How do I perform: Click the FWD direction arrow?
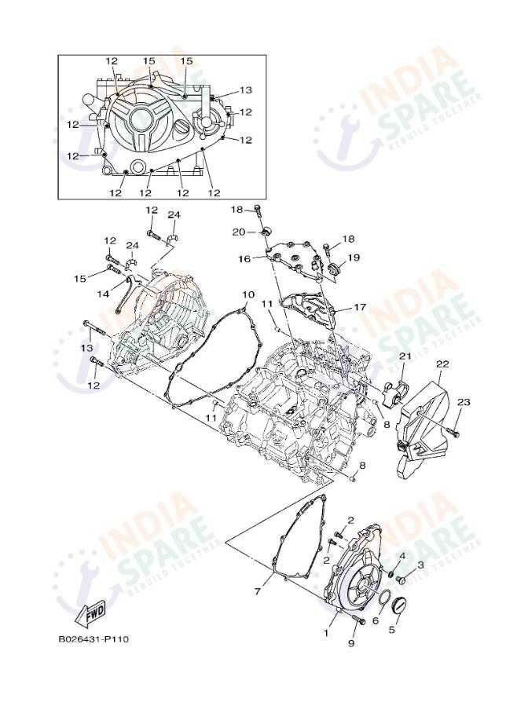pos(90,611)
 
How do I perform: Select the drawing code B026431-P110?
pos(93,638)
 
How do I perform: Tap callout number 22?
pos(442,364)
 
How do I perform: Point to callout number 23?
pos(464,402)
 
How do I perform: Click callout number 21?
pos(405,357)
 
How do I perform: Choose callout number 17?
pos(360,307)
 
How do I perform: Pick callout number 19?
pos(354,258)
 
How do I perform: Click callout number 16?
pos(244,258)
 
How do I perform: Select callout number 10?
pos(247,295)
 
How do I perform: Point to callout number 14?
pos(103,294)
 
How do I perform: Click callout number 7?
pos(257,590)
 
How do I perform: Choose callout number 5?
pos(394,628)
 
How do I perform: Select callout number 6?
pos(375,620)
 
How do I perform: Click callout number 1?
pos(326,631)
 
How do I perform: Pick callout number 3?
pos(420,564)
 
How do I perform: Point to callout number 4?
pos(401,556)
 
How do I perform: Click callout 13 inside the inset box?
pos(245,90)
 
